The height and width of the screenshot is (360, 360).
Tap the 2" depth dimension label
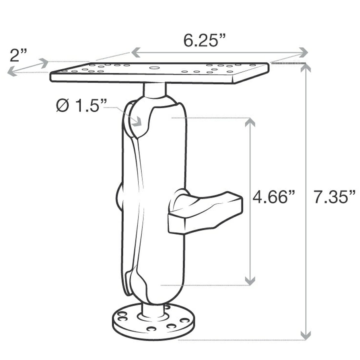[19, 55]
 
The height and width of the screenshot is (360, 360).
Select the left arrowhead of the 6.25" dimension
[135, 53]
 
